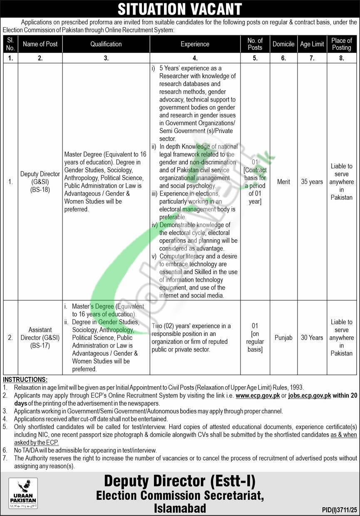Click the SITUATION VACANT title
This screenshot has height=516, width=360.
click(x=180, y=9)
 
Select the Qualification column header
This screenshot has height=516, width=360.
click(x=106, y=44)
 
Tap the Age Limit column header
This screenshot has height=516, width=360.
click(x=312, y=44)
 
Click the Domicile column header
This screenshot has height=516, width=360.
click(x=283, y=44)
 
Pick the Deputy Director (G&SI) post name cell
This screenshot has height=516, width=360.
click(x=40, y=182)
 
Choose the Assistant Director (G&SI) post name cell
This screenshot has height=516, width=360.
click(x=40, y=337)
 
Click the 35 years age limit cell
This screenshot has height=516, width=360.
click(x=312, y=182)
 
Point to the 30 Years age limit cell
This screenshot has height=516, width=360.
click(x=312, y=337)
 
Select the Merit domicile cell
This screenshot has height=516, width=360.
click(x=283, y=182)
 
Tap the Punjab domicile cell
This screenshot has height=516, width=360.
click(x=283, y=337)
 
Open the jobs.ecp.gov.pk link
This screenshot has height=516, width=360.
click(x=309, y=396)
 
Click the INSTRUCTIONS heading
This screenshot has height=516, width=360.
click(x=25, y=380)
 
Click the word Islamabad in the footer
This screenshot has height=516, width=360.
click(x=180, y=508)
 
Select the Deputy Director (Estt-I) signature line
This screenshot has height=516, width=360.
click(x=180, y=481)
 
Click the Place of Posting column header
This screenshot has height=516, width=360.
click(x=341, y=44)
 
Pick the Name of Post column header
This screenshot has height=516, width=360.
click(x=40, y=44)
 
